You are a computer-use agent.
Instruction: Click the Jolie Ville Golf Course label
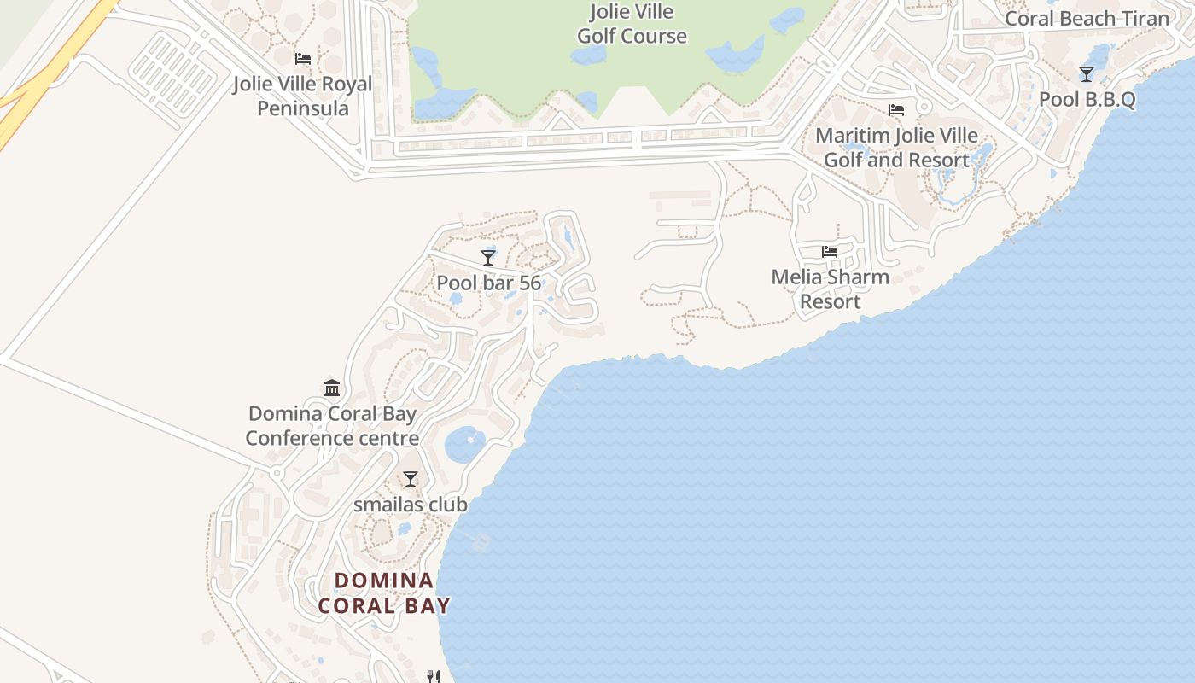click(632, 24)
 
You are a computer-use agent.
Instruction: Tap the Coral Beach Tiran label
click(1087, 19)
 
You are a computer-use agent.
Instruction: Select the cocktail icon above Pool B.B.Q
click(1087, 74)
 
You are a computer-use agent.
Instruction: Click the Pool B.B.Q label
click(1087, 99)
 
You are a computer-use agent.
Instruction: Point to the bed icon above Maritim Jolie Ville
click(896, 110)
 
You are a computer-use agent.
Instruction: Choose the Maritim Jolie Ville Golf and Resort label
click(896, 148)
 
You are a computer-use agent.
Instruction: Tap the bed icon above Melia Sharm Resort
click(830, 252)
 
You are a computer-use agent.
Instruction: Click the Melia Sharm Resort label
click(830, 289)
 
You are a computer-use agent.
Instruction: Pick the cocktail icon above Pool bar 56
click(488, 257)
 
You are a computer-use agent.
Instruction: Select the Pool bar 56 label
click(488, 283)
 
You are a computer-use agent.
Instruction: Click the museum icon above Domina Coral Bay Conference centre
click(332, 388)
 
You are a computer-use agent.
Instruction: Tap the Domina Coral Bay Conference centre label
click(332, 426)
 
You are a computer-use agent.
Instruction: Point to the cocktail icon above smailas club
click(411, 479)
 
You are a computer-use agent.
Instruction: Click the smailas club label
click(411, 505)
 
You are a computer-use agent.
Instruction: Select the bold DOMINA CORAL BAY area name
click(384, 593)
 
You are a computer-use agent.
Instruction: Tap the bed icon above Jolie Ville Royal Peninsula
click(303, 59)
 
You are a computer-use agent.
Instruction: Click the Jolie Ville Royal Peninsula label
click(303, 96)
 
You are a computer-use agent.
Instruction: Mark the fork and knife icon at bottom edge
click(434, 677)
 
